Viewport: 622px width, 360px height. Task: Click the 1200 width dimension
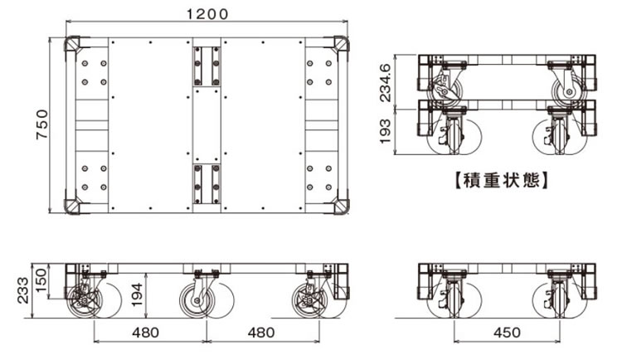pos(207,14)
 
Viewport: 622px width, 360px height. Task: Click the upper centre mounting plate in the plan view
pos(207,66)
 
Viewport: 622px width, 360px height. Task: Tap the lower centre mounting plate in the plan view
pos(207,183)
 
